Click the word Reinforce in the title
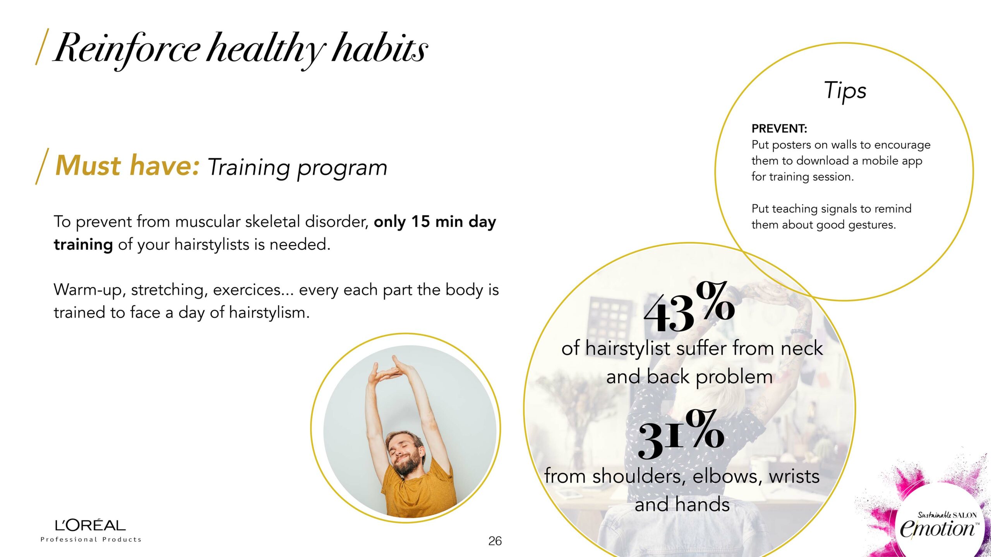point(127,48)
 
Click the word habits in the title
point(380,48)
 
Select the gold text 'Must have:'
point(128,166)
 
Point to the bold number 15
point(421,222)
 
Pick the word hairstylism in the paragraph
point(269,313)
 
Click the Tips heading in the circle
point(845,91)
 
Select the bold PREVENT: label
point(779,128)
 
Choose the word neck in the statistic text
point(801,348)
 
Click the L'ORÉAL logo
point(91,525)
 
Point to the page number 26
point(495,541)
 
